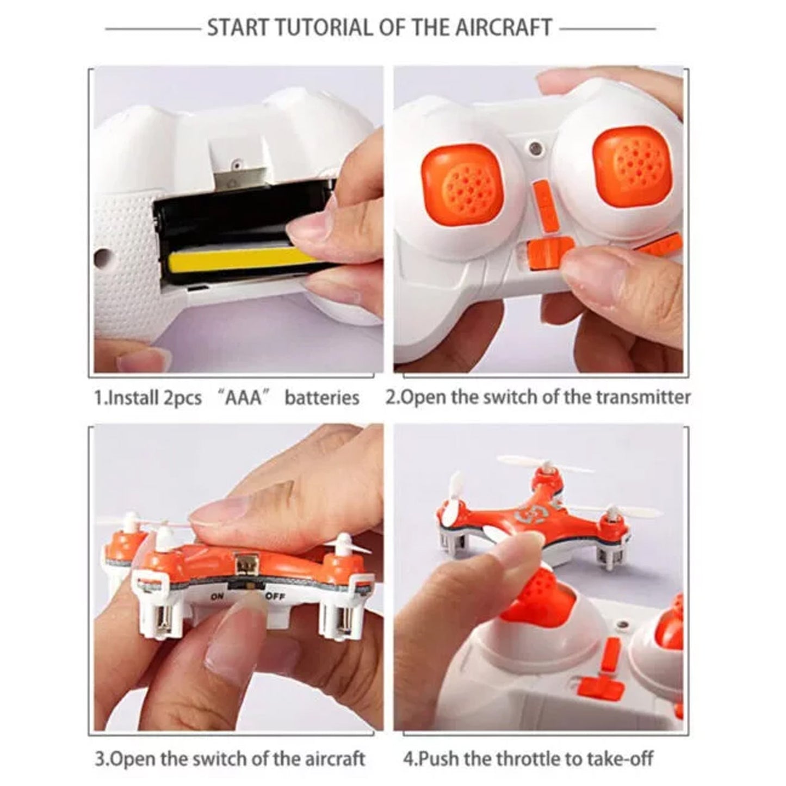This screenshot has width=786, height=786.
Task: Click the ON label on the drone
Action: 217,597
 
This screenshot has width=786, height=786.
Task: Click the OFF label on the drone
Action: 276,598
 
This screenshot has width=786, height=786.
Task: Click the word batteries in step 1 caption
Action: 322,397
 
